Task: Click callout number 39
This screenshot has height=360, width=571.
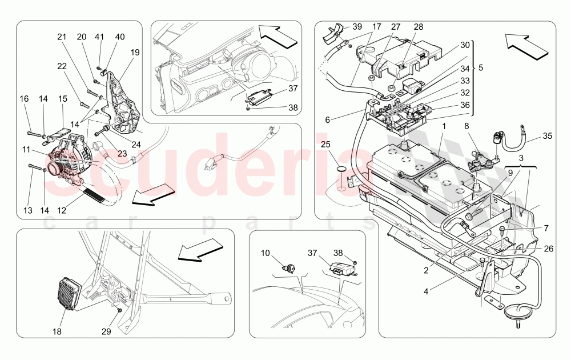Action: point(357,27)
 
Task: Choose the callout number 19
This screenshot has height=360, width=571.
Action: point(135,52)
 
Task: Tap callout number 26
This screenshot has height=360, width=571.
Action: point(548,248)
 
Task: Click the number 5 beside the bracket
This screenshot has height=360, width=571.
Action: point(480,67)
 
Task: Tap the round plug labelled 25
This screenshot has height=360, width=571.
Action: point(341,169)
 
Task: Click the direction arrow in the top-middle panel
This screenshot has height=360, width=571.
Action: point(277,35)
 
